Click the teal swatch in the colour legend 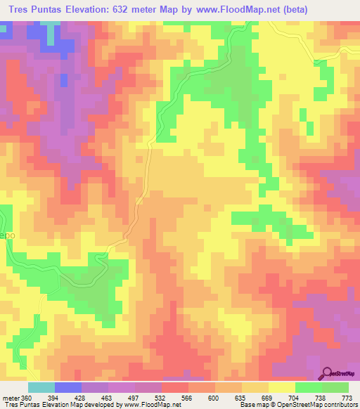41,387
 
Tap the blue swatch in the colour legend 68,387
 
